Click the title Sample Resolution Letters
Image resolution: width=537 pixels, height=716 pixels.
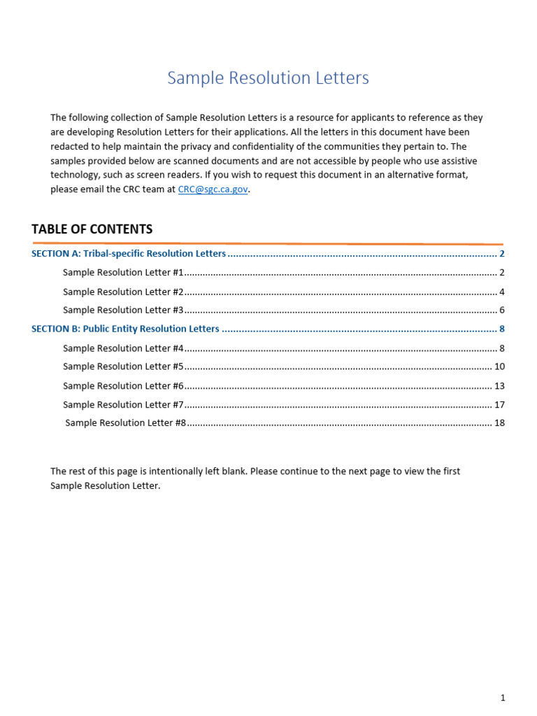pyautogui.click(x=268, y=78)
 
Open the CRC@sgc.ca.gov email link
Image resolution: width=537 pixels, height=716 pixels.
pyautogui.click(x=213, y=189)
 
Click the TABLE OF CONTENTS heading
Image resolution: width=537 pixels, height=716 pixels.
pyautogui.click(x=92, y=229)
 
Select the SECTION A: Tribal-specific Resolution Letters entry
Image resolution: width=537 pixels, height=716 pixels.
pyautogui.click(x=129, y=254)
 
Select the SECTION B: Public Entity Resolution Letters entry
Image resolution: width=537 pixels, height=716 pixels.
pyautogui.click(x=125, y=329)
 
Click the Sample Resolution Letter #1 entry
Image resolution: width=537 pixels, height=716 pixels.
pyautogui.click(x=123, y=273)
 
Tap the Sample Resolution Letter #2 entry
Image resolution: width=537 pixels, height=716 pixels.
pyautogui.click(x=123, y=292)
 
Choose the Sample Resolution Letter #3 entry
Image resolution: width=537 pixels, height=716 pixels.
pyautogui.click(x=123, y=310)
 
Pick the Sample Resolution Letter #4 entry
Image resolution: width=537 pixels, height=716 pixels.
pyautogui.click(x=123, y=348)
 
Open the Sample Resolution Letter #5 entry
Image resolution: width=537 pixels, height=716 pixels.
pyautogui.click(x=123, y=366)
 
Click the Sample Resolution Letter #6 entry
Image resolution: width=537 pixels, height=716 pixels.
pyautogui.click(x=123, y=386)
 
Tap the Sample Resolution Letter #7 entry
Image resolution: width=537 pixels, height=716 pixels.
pyautogui.click(x=123, y=405)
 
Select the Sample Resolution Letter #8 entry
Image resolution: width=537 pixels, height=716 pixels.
pyautogui.click(x=125, y=423)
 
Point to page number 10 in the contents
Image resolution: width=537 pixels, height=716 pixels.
pyautogui.click(x=499, y=366)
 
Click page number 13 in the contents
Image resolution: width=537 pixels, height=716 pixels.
pyautogui.click(x=499, y=386)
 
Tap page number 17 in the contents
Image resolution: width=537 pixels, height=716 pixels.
pyautogui.click(x=499, y=405)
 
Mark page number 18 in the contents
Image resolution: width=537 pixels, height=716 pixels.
pyautogui.click(x=499, y=423)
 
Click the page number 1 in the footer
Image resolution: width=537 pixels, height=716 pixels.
pyautogui.click(x=502, y=697)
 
